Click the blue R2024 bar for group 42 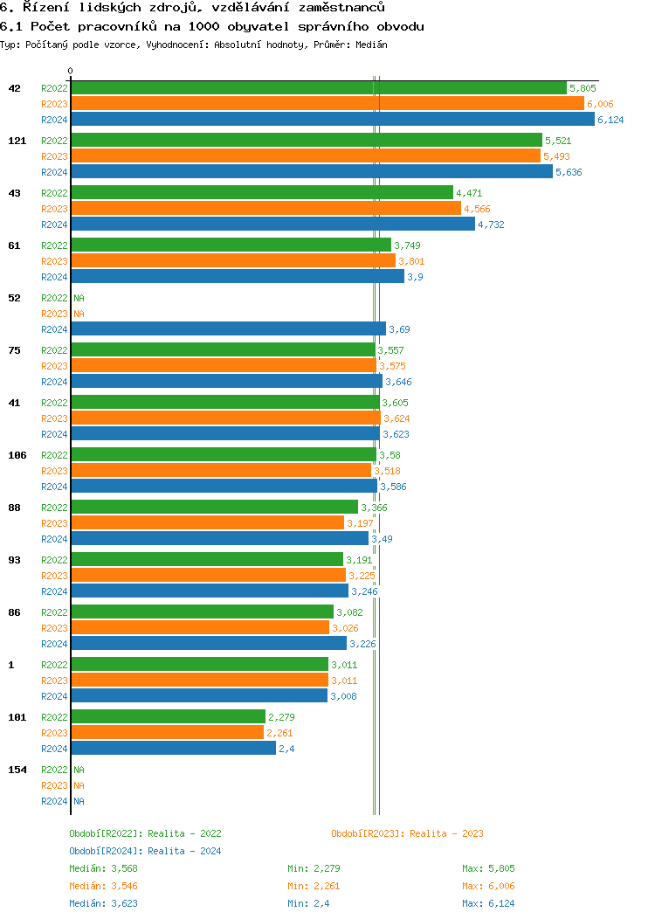(332, 120)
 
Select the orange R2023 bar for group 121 (306, 156)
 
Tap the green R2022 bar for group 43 (262, 193)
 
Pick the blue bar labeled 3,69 (228, 329)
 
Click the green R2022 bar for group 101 (168, 717)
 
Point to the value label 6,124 (610, 120)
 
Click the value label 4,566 (477, 209)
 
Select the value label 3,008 (343, 696)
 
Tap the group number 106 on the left (17, 455)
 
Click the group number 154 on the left (17, 770)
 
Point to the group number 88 (14, 508)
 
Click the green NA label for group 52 (79, 298)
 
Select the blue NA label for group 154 (79, 801)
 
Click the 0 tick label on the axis (71, 72)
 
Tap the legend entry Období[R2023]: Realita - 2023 (407, 833)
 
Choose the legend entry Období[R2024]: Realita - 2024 (145, 851)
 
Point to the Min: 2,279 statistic (314, 868)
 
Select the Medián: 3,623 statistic (103, 903)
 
